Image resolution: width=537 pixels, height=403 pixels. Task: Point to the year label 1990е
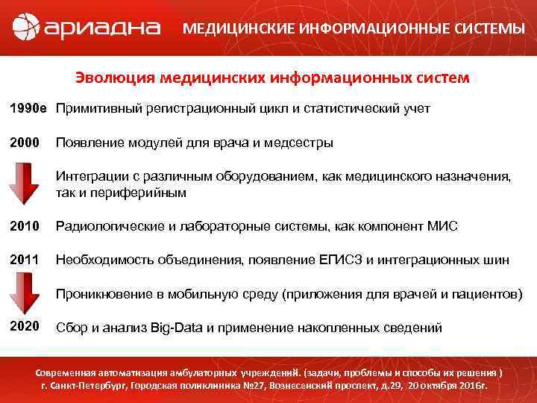(28, 109)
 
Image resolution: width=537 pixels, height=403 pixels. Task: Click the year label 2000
(25, 142)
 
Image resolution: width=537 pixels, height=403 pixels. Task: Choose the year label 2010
(25, 227)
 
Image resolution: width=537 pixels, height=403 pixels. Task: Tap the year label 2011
(25, 260)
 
